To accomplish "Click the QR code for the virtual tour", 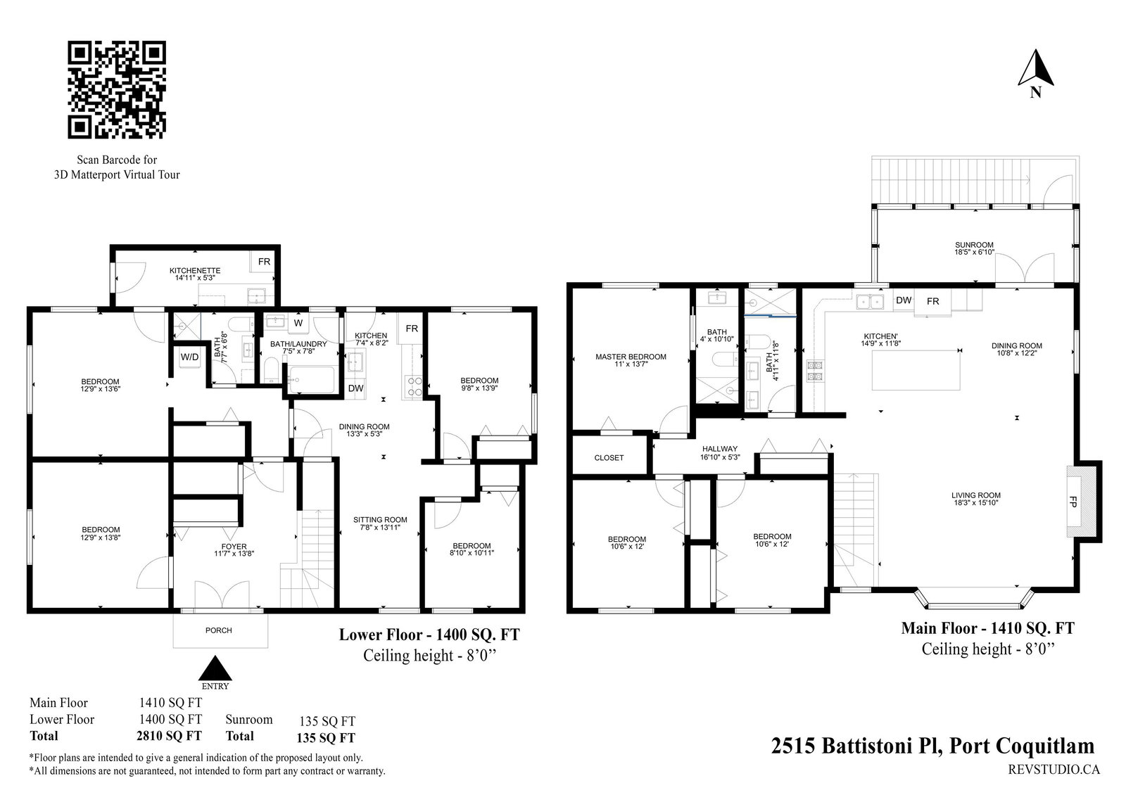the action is [117, 90].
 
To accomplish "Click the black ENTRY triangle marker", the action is [215, 668].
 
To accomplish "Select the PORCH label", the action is [219, 630].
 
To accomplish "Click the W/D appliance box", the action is [189, 357].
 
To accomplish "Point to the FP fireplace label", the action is [1073, 502].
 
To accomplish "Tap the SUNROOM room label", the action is [974, 246].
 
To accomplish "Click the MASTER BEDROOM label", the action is [631, 357].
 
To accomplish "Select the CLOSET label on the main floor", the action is [609, 458].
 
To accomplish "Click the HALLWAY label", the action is [720, 449].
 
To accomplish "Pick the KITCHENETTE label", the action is [195, 271].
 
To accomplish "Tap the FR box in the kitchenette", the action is [264, 261].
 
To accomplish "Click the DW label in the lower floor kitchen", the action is [355, 388].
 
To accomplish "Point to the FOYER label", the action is [234, 547].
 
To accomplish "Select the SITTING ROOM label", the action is [380, 520].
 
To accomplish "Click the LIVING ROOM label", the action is [975, 495].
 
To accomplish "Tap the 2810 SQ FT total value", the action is [169, 736].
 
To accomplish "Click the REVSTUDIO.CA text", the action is [1054, 770].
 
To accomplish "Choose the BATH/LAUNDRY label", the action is [298, 344].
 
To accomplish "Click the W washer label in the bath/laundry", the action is [298, 323].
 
